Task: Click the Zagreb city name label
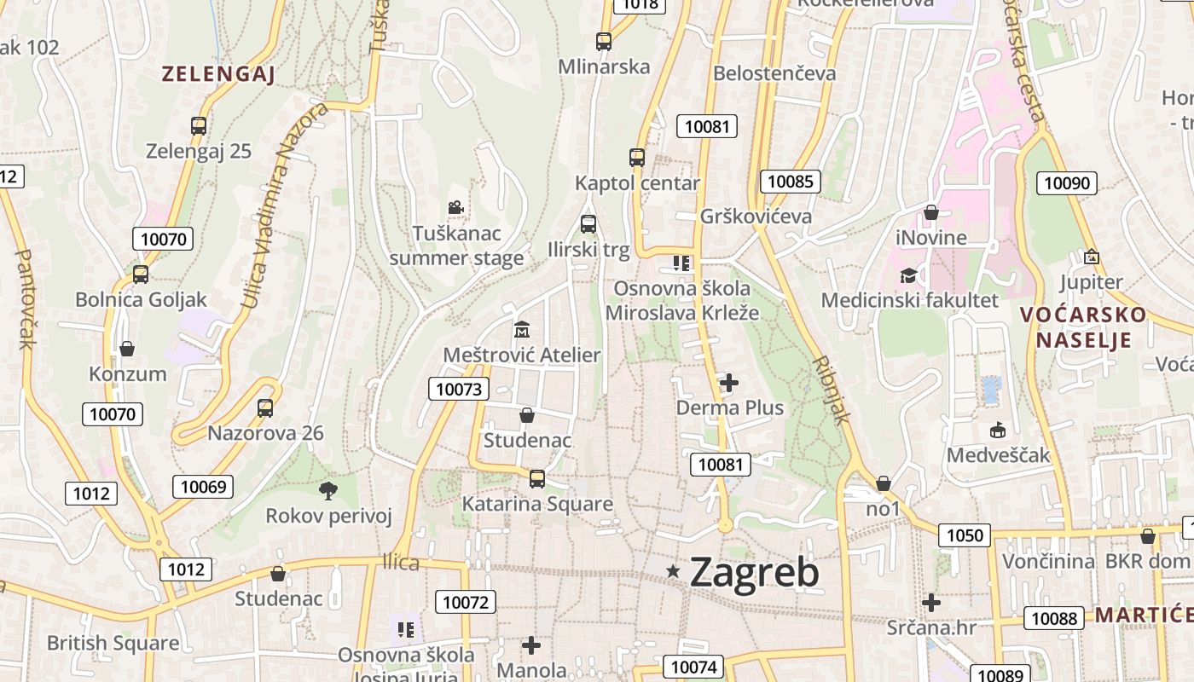(x=754, y=572)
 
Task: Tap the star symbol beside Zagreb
(x=674, y=571)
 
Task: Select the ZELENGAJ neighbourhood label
(x=218, y=74)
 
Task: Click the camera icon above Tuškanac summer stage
(x=455, y=207)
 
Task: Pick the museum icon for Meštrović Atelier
(x=521, y=329)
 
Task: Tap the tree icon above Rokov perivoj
(x=327, y=490)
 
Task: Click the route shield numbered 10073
(x=459, y=390)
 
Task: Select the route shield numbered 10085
(x=790, y=181)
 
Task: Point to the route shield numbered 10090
(x=1067, y=182)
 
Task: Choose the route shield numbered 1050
(x=965, y=535)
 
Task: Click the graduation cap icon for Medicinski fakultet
(x=908, y=275)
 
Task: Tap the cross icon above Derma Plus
(x=729, y=383)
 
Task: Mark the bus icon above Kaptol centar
(x=637, y=157)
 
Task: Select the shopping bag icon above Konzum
(x=127, y=349)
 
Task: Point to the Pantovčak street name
(x=25, y=298)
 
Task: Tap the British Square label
(x=113, y=643)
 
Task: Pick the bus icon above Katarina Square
(x=536, y=478)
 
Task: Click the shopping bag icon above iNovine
(x=931, y=211)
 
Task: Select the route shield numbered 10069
(x=203, y=487)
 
